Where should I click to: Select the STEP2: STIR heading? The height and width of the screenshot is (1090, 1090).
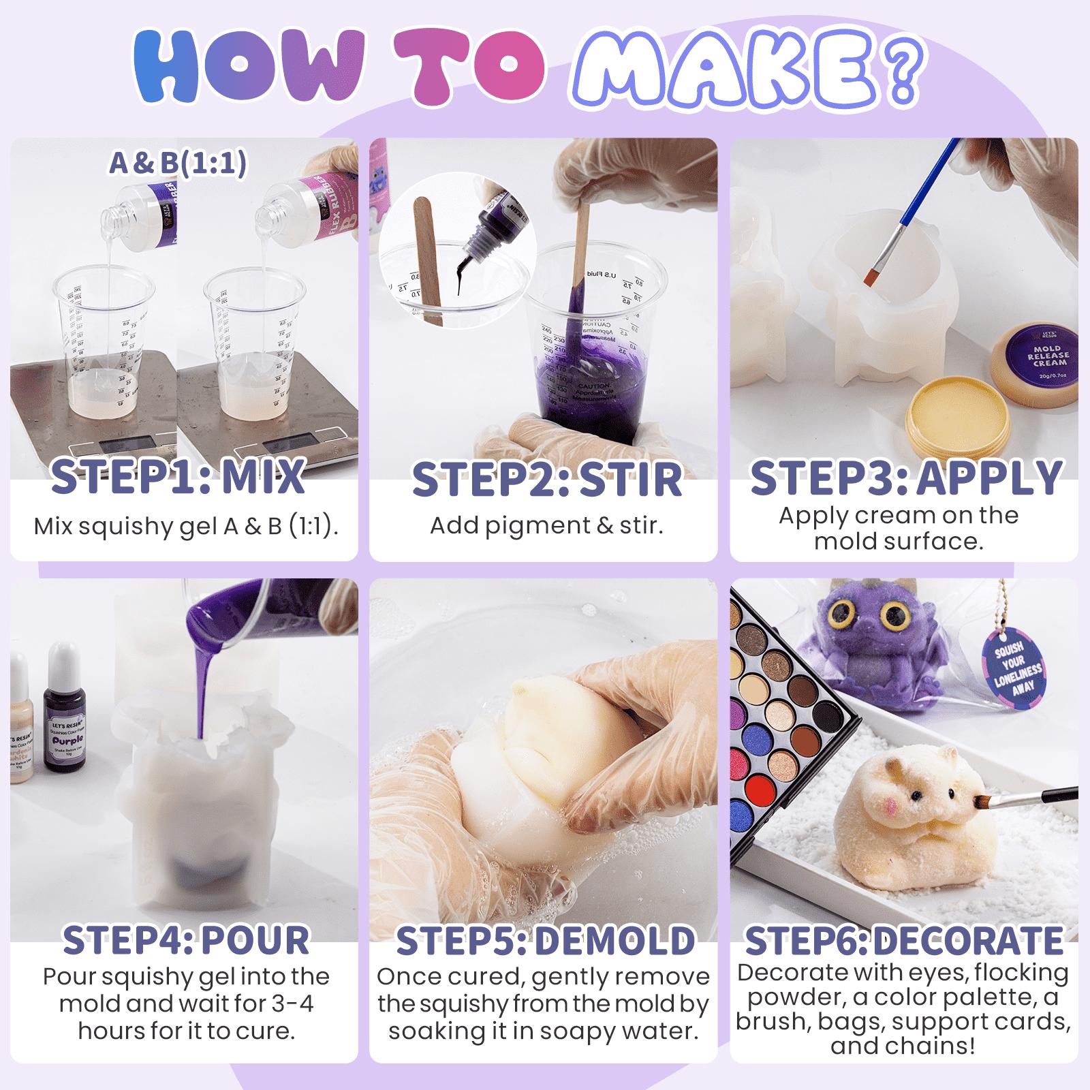click(x=546, y=479)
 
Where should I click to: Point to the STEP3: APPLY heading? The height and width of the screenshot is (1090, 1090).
click(x=906, y=478)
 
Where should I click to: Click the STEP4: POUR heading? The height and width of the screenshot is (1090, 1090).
click(x=185, y=940)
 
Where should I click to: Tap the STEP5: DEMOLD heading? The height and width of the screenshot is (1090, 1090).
click(x=545, y=941)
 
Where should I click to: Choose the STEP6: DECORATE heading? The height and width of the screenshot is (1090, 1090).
click(x=904, y=941)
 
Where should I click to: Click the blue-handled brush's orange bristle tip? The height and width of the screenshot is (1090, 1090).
click(x=874, y=276)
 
